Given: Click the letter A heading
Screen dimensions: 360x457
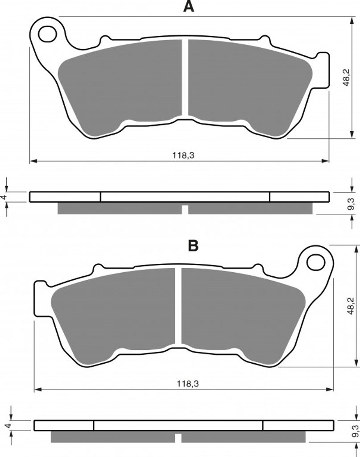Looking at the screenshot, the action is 188,6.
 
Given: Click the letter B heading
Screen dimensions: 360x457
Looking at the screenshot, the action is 193,246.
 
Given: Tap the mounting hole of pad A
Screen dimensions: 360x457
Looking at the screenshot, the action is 47,34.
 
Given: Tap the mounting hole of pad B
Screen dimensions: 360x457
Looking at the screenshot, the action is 315,262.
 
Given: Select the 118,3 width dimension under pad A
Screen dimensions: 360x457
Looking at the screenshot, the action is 183,155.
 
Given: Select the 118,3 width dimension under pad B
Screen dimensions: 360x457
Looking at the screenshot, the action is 188,384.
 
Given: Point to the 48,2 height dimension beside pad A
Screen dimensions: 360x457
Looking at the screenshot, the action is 346,78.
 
